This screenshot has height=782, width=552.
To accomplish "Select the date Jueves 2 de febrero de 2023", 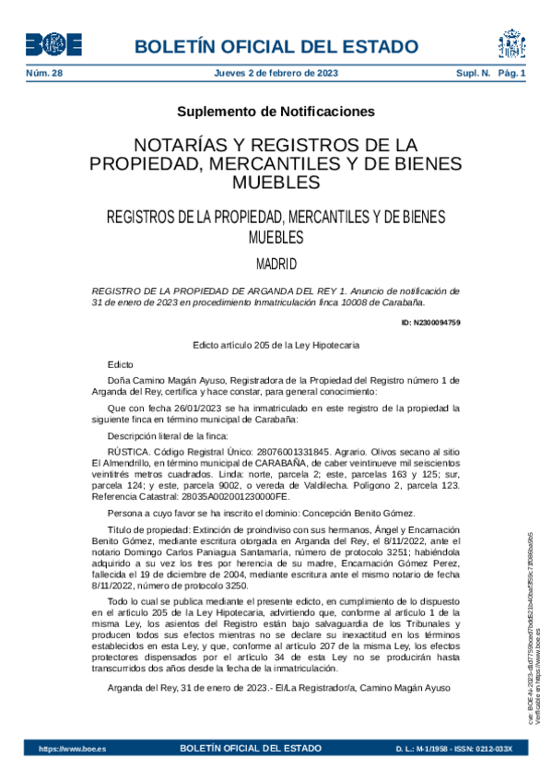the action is tap(276, 73).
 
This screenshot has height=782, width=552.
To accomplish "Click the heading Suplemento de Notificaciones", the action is tap(276, 112).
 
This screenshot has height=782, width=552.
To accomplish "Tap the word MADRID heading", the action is tap(276, 265).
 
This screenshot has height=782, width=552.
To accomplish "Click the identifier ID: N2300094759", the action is tap(431, 322).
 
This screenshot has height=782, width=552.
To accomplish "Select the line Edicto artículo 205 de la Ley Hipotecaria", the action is tap(276, 345).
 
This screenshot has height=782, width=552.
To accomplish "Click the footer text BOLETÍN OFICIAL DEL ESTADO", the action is tap(252, 748).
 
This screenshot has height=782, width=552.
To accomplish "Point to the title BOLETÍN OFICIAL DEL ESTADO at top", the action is tap(276, 47).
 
